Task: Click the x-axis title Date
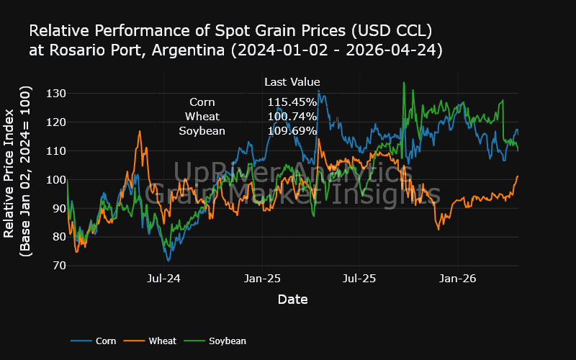pos(292,299)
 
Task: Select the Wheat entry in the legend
pos(162,341)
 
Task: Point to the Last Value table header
pos(292,82)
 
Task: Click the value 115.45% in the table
pos(292,102)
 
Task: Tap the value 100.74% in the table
pos(292,117)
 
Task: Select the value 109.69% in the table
pos(292,131)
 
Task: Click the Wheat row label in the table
pos(202,117)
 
